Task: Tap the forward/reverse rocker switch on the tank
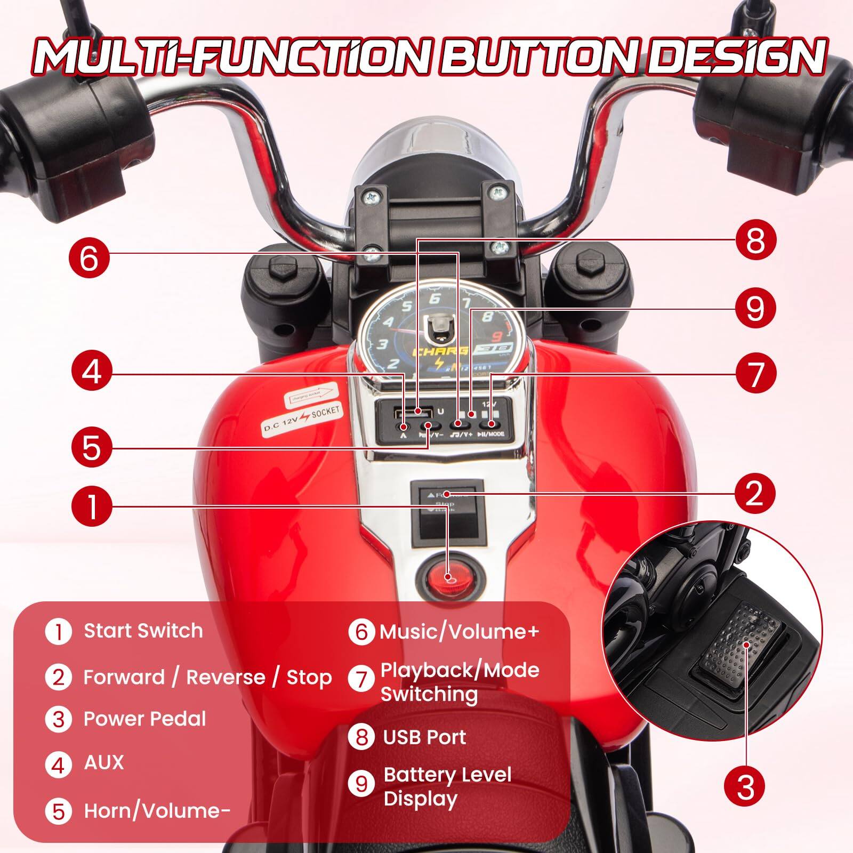[x=447, y=503]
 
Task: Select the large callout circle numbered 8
[x=755, y=240]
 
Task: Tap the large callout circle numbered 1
[x=92, y=506]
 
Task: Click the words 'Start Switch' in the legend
[x=143, y=631]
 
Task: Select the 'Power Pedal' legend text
[x=144, y=719]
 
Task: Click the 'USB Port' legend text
[x=424, y=737]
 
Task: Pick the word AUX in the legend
[x=103, y=762]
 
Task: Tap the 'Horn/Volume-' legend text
[x=157, y=811]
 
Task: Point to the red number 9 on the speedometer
[x=497, y=336]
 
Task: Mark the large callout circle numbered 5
[x=92, y=447]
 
